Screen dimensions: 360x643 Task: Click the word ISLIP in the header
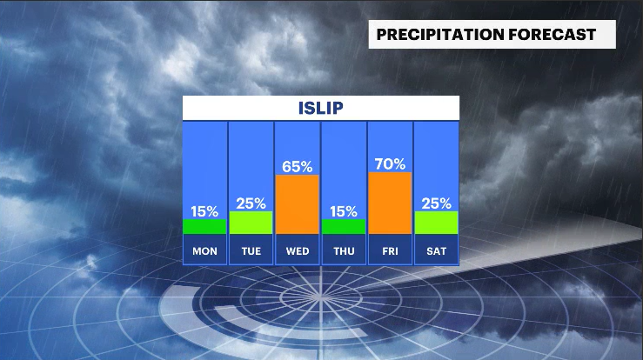coord(320,108)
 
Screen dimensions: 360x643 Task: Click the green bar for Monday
coord(204,226)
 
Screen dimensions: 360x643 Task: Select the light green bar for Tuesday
coord(251,223)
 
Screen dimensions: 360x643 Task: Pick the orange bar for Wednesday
coord(297,204)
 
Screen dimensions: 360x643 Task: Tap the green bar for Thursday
coord(344,226)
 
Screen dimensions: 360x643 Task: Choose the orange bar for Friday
coord(390,203)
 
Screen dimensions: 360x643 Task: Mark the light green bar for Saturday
coord(436,223)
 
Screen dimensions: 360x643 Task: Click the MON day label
coord(204,252)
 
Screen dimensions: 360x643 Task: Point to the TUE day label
coord(251,252)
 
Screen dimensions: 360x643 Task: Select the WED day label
coord(297,252)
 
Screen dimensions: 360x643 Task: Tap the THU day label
coord(344,252)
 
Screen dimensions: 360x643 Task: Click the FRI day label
coord(390,252)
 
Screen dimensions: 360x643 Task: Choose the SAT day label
coord(436,252)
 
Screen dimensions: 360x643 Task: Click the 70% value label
coord(390,163)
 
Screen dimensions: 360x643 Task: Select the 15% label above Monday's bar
coord(204,210)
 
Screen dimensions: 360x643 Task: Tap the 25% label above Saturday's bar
coord(436,203)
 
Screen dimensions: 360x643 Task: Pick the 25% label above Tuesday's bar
coord(251,203)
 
